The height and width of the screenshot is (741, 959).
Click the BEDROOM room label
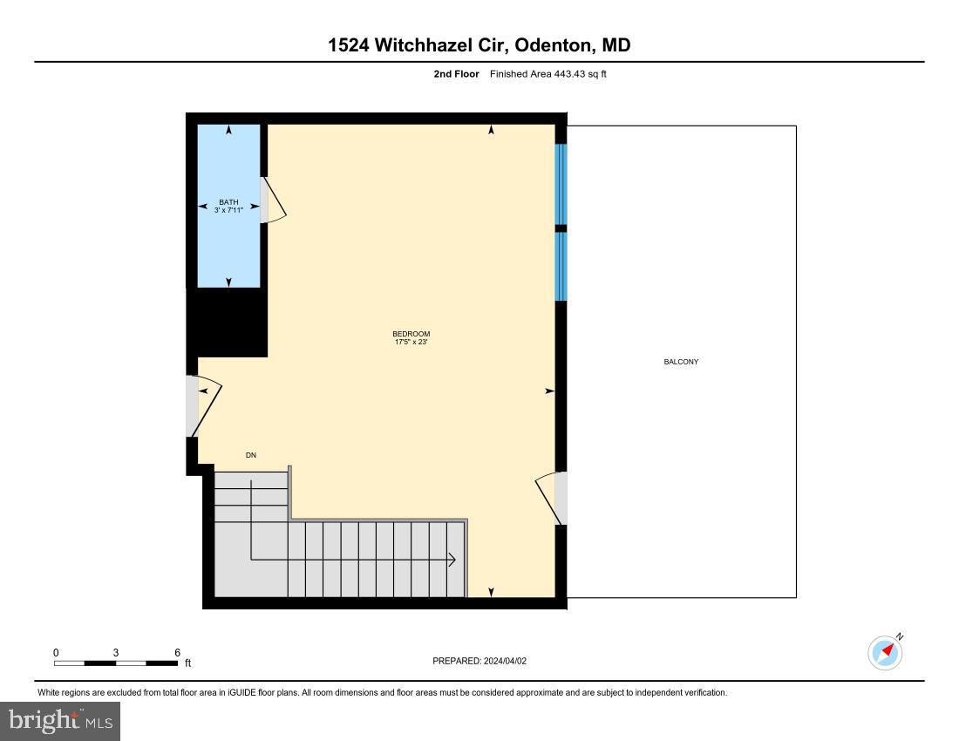pyautogui.click(x=411, y=334)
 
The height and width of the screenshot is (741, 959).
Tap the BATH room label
pyautogui.click(x=228, y=202)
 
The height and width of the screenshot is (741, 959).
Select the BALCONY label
pyautogui.click(x=681, y=362)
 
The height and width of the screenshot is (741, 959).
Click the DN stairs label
pyautogui.click(x=251, y=455)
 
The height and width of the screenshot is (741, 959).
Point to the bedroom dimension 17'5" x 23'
pyautogui.click(x=411, y=343)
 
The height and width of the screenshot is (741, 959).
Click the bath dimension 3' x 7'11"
pyautogui.click(x=228, y=210)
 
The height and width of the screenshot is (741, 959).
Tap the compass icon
pyautogui.click(x=886, y=652)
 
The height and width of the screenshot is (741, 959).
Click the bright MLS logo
pyautogui.click(x=60, y=721)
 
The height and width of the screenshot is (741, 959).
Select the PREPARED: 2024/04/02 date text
pyautogui.click(x=479, y=661)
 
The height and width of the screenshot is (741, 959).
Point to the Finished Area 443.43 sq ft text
pyautogui.click(x=548, y=74)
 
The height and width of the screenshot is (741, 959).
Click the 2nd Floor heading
pyautogui.click(x=456, y=74)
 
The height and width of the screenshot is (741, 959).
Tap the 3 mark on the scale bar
pyautogui.click(x=115, y=652)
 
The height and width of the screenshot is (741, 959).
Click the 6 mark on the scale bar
pyautogui.click(x=177, y=652)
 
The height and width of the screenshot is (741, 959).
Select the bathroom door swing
pyautogui.click(x=274, y=202)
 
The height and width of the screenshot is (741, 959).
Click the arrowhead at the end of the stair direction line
pyautogui.click(x=452, y=559)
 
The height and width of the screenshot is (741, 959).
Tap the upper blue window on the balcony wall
pyautogui.click(x=561, y=184)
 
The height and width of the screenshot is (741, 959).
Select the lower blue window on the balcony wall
pyautogui.click(x=561, y=266)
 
